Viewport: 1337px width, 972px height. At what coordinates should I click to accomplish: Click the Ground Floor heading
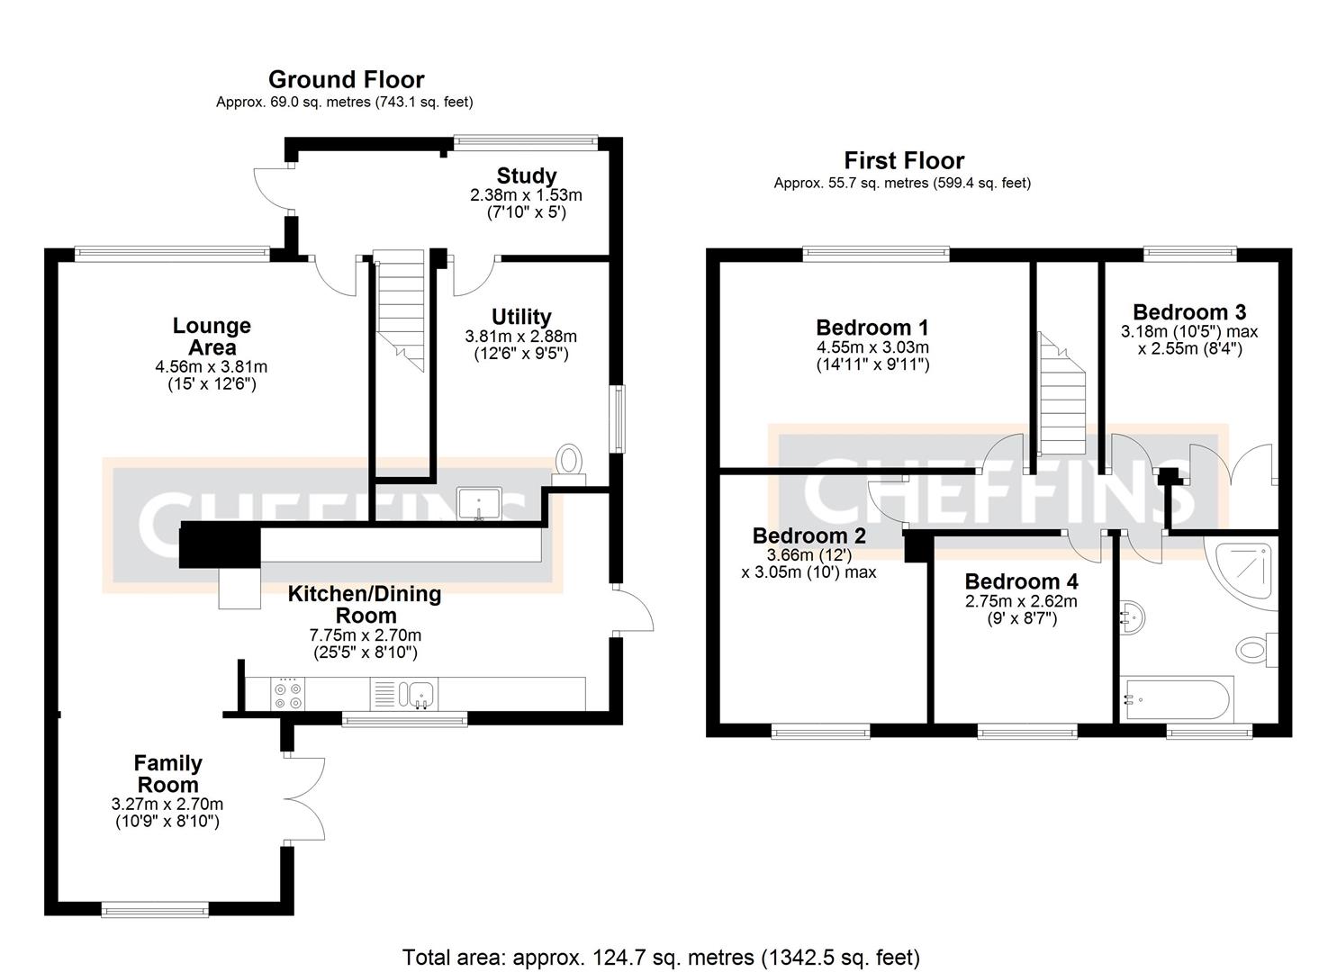pyautogui.click(x=346, y=80)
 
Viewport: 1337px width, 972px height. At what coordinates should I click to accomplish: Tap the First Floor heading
pyautogui.click(x=903, y=161)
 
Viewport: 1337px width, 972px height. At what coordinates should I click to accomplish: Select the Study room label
pyautogui.click(x=526, y=175)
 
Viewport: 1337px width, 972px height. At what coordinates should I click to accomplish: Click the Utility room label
pyautogui.click(x=520, y=317)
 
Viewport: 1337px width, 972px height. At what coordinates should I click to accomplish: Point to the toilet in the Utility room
pyautogui.click(x=569, y=463)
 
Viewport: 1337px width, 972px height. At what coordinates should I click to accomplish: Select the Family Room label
pyautogui.click(x=168, y=774)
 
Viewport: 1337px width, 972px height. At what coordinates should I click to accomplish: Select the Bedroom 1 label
pyautogui.click(x=872, y=328)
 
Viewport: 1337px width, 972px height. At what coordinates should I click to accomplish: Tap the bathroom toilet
pyautogui.click(x=1254, y=648)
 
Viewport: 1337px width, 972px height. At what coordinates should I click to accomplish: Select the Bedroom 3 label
pyautogui.click(x=1188, y=312)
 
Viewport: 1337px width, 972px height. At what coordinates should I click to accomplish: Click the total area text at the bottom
pyautogui.click(x=661, y=957)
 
